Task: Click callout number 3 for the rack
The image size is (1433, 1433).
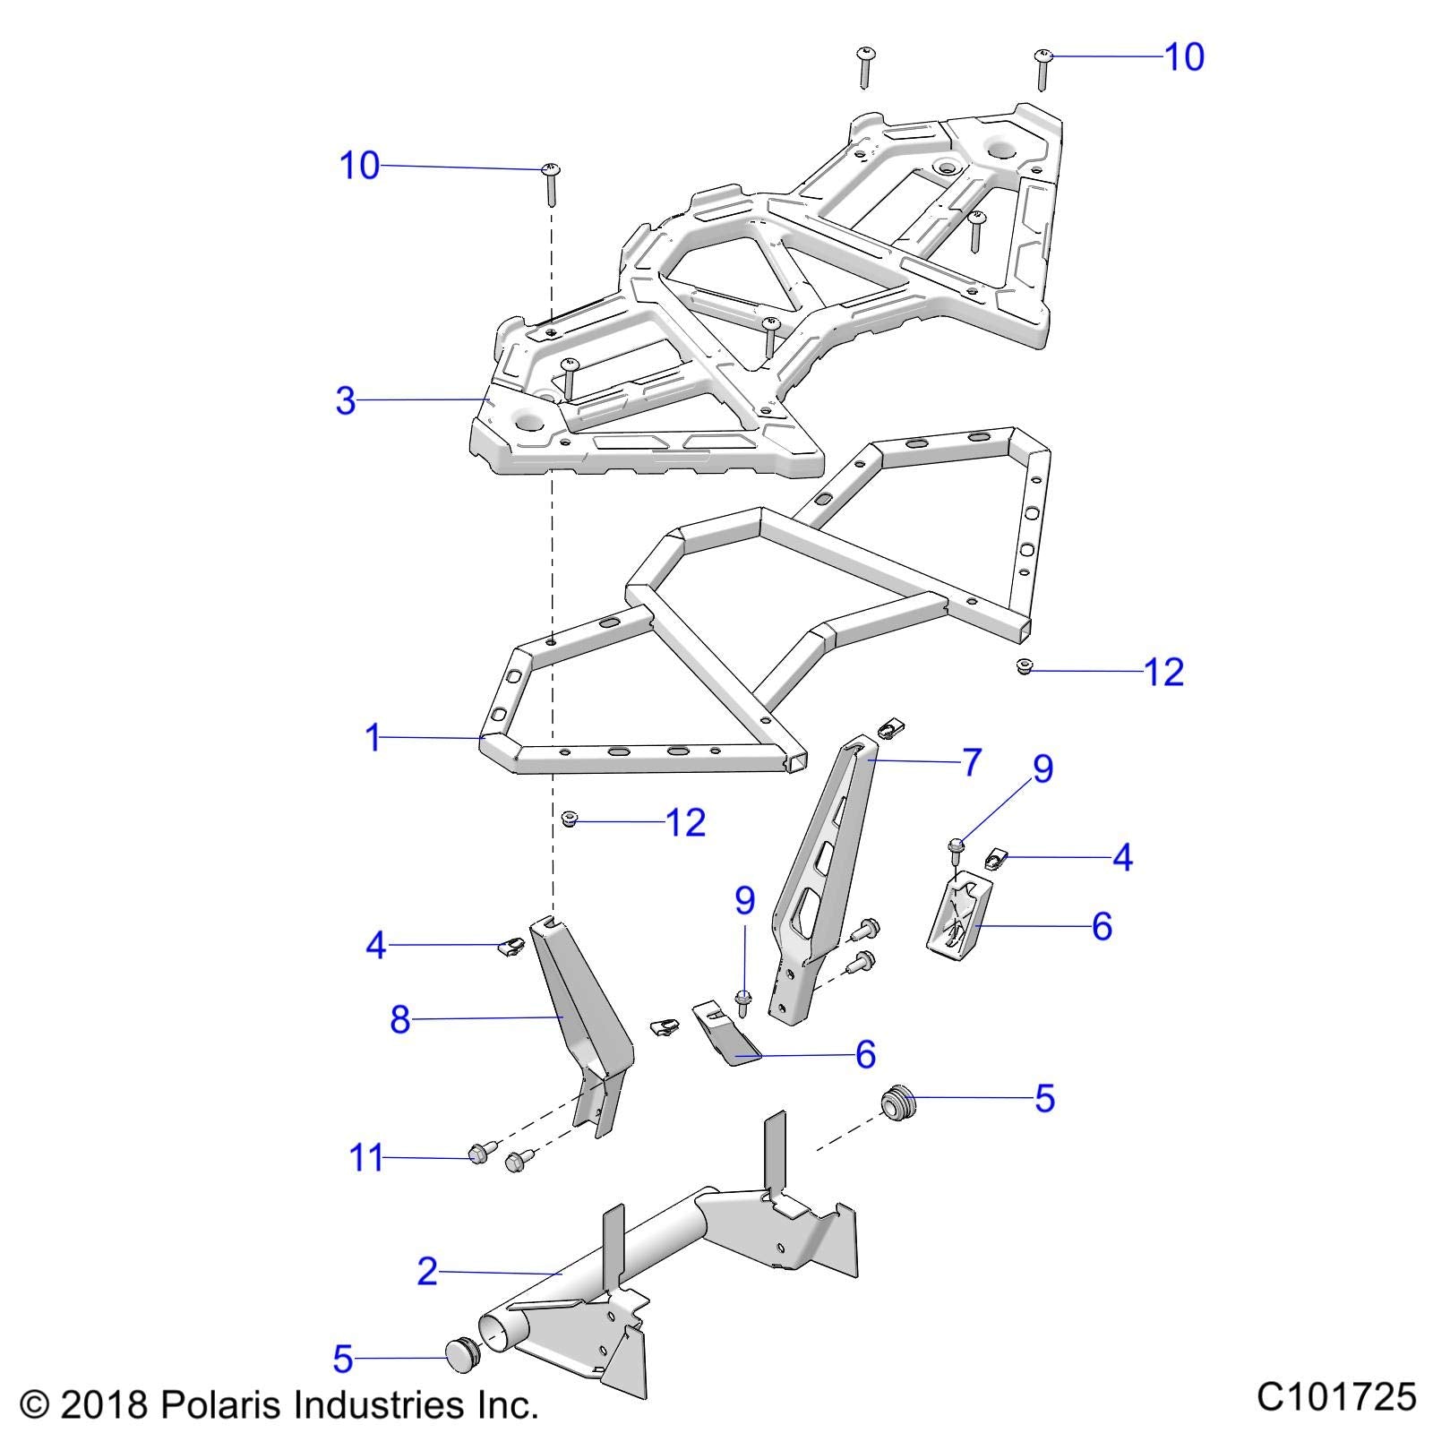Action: point(346,400)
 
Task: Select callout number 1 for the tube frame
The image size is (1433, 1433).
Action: point(373,738)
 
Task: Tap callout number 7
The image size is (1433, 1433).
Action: point(971,762)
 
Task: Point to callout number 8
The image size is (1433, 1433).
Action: point(399,1019)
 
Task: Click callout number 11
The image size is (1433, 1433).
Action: point(365,1158)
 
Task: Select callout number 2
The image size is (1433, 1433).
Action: point(427,1271)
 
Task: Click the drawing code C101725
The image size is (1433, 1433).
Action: point(1336,1396)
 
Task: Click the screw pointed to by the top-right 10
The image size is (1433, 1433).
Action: point(1043,68)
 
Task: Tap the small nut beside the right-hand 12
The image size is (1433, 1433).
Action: point(1025,666)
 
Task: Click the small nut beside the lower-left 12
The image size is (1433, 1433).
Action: point(568,818)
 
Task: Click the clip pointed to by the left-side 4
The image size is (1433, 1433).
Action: point(511,946)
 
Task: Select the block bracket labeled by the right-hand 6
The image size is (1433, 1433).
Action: point(953,915)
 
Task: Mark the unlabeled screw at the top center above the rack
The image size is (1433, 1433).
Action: point(865,66)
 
